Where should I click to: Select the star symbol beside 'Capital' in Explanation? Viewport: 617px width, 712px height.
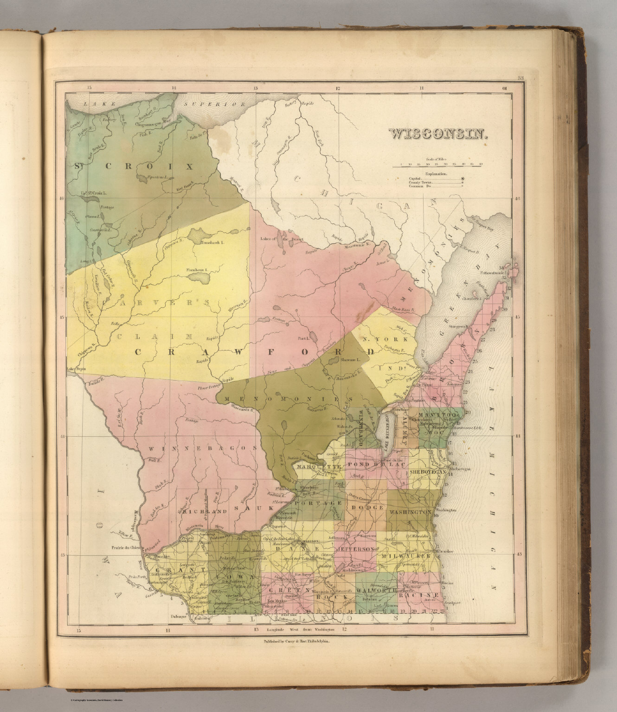coord(462,178)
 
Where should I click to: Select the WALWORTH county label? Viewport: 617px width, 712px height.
coord(375,591)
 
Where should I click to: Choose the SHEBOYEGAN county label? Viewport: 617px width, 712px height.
coord(428,471)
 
